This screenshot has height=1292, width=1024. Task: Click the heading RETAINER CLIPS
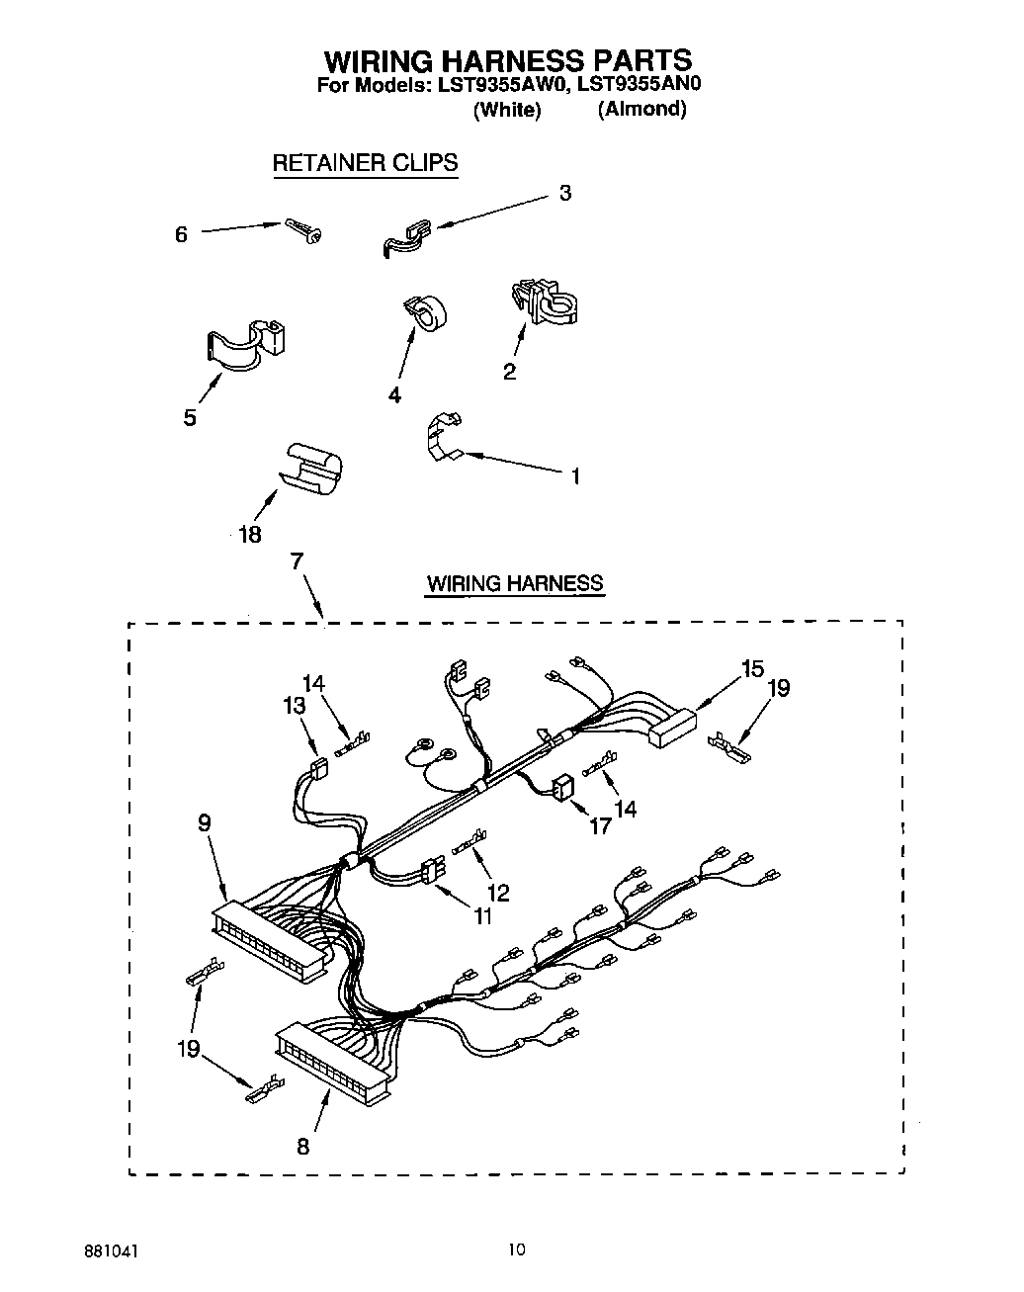365,164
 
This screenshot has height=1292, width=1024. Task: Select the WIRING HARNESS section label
514,583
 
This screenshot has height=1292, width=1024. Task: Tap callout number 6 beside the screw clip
181,235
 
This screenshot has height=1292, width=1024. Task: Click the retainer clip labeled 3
405,237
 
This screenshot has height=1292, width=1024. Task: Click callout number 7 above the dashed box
296,561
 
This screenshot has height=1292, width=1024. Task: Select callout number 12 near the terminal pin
498,893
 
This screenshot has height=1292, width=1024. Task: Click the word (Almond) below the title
640,109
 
